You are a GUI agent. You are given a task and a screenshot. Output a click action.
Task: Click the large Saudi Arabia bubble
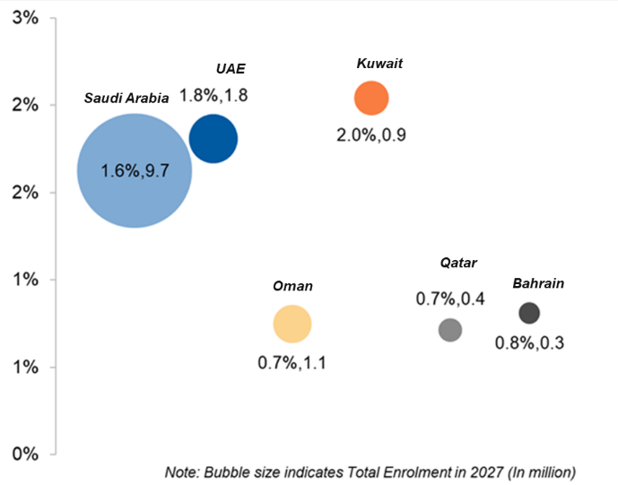coord(134,169)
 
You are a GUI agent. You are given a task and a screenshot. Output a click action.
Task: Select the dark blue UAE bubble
coord(213,139)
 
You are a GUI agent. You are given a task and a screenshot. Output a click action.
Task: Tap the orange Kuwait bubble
coord(370,98)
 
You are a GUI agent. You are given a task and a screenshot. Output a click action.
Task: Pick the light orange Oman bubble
coord(292,325)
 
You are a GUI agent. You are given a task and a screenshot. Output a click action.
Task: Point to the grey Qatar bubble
coord(450,330)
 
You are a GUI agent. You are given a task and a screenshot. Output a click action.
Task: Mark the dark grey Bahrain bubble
coord(529,313)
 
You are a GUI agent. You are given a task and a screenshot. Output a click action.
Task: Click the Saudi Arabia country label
coord(126,99)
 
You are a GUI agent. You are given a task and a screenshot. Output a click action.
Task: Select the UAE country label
coord(231,69)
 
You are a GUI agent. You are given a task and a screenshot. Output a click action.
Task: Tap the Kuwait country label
coord(379,64)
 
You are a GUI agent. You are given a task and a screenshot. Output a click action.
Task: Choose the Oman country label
coord(292,286)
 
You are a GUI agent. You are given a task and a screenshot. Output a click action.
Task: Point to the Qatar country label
coord(458,263)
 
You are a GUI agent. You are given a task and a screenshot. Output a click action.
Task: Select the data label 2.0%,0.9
coord(371,135)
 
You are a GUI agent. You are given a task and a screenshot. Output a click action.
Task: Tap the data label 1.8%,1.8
coord(213,94)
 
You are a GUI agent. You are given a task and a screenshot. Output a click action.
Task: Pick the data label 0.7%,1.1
coord(292,363)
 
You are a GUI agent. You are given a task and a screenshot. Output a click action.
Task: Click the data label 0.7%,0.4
coord(450,299)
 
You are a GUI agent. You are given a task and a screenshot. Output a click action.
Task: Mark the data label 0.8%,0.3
coord(530,342)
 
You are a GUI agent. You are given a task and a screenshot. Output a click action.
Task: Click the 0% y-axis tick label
coord(23,454)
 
